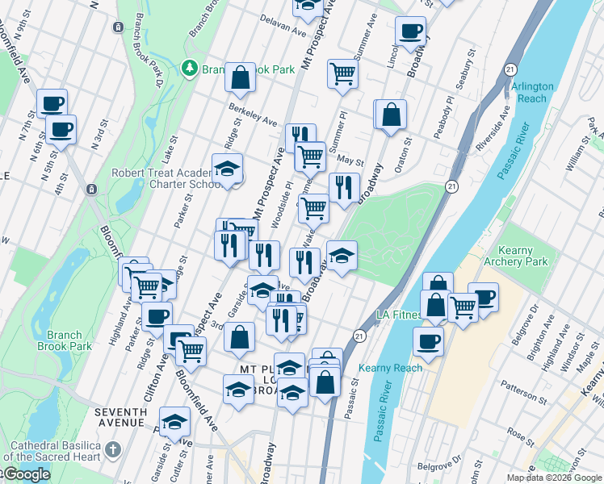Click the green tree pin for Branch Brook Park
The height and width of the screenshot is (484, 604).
click(x=191, y=69)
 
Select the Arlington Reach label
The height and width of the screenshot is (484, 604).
click(x=531, y=92)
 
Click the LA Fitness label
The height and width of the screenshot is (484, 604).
click(x=397, y=314)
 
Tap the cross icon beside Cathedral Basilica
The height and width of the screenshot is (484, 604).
click(x=113, y=448)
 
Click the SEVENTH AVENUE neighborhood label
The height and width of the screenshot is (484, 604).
click(x=120, y=417)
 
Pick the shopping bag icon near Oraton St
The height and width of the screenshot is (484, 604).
click(x=391, y=115)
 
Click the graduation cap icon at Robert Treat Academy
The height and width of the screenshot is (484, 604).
click(x=228, y=169)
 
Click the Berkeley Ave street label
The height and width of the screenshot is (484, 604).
click(x=253, y=114)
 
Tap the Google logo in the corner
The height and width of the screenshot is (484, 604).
click(x=26, y=474)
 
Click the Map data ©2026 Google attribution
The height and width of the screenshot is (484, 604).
click(x=554, y=478)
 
